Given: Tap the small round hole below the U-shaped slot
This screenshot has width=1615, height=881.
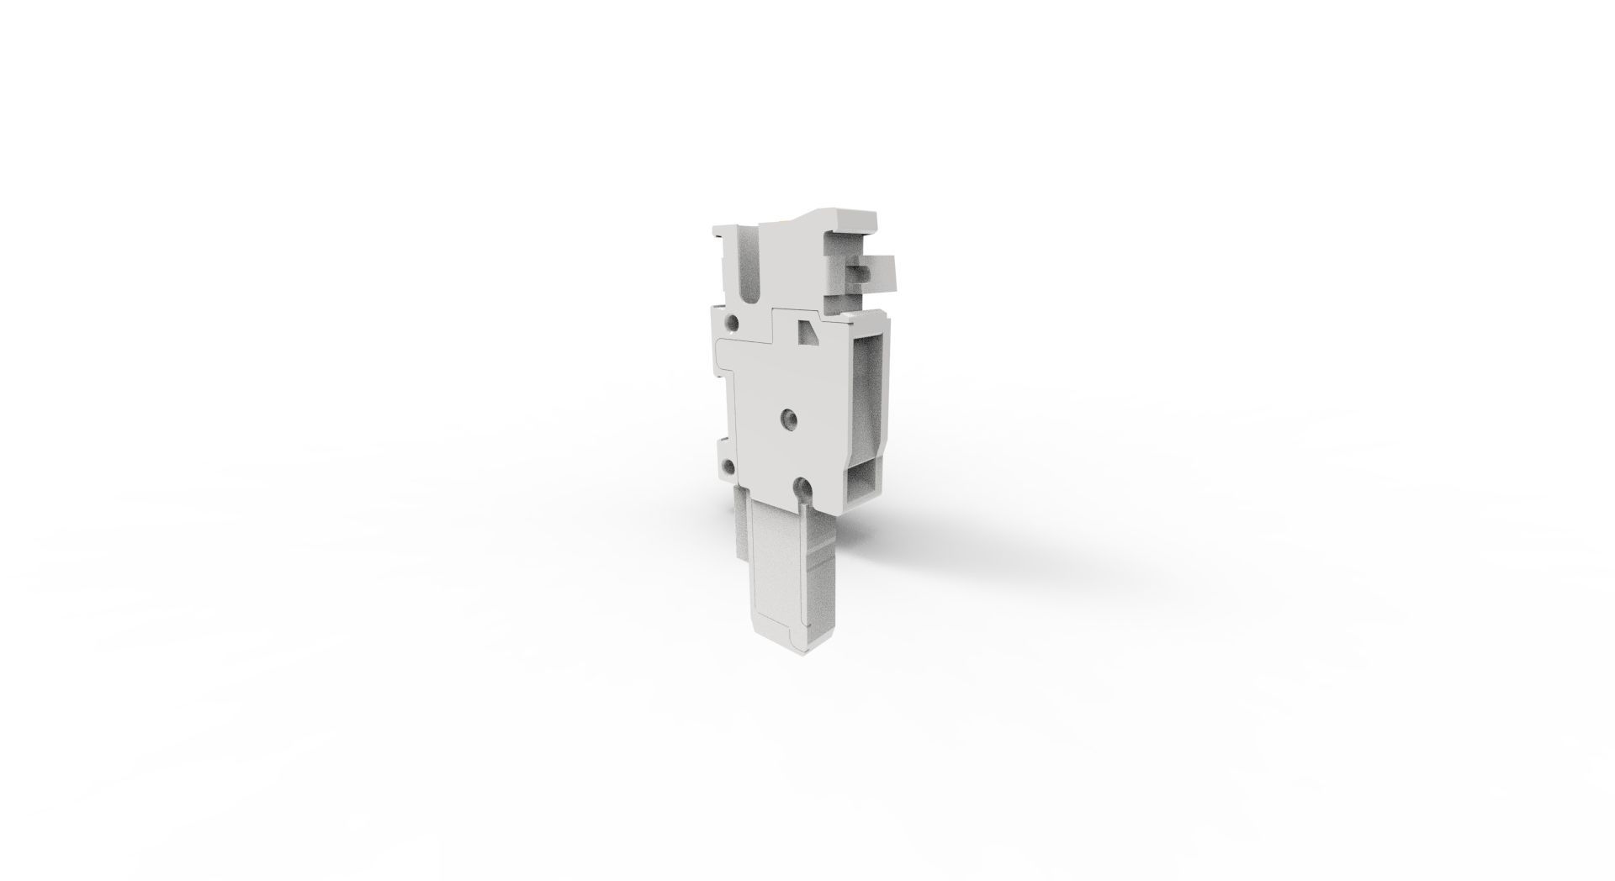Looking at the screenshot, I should point(733,323).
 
